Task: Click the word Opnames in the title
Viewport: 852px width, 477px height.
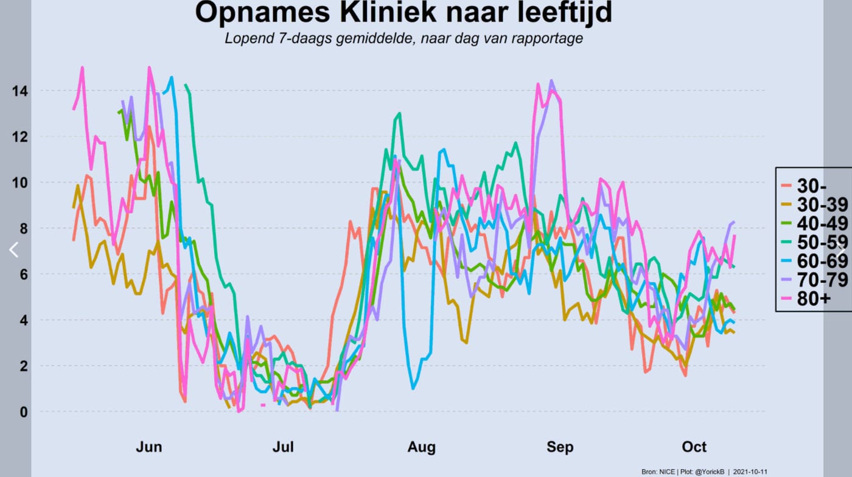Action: click(262, 13)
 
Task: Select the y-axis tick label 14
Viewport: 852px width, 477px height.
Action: click(19, 91)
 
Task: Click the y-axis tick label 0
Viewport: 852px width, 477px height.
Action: click(24, 412)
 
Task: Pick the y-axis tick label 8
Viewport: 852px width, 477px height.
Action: click(24, 229)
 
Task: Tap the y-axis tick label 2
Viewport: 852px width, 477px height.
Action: click(24, 366)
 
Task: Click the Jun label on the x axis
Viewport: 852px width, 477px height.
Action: click(148, 447)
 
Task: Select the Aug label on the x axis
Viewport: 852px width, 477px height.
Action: click(421, 447)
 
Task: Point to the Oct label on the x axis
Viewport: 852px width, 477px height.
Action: click(694, 447)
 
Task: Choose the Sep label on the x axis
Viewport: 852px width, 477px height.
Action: click(560, 447)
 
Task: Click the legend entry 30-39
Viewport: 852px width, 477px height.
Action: click(815, 204)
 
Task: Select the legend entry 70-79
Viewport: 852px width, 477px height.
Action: click(815, 280)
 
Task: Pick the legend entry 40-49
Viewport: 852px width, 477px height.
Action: click(815, 223)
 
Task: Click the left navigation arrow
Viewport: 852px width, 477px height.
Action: click(13, 250)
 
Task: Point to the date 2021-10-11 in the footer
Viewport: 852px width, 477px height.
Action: click(750, 472)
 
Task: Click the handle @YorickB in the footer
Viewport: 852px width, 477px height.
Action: click(710, 472)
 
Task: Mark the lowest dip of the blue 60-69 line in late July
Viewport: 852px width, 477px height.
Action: click(413, 389)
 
